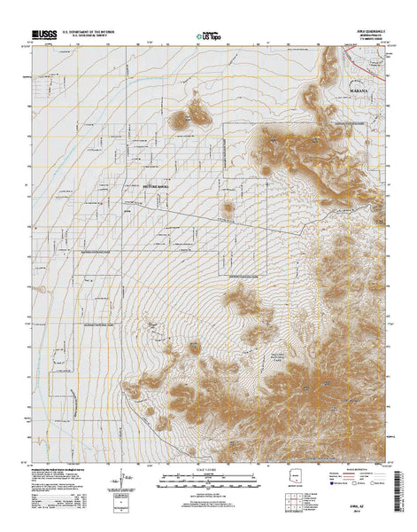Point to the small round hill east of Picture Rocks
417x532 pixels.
(228, 210)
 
